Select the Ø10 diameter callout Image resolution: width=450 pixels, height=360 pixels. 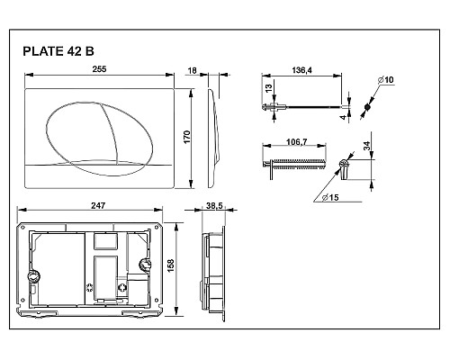[x=385, y=80]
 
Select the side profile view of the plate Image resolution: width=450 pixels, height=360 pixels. [x=213, y=134]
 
